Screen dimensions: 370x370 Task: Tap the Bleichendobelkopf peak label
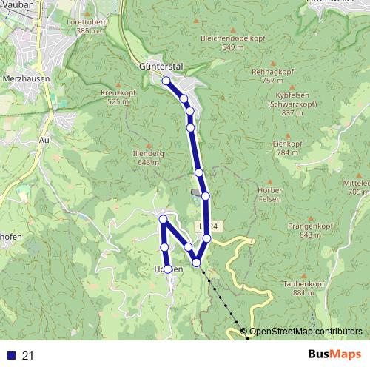(221, 38)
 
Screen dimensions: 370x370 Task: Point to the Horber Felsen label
(269, 195)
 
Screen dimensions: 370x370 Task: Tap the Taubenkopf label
(299, 284)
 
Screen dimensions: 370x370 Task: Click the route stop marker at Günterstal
(166, 81)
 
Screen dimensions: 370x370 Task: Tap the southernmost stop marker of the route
(168, 269)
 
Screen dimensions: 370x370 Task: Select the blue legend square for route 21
(10, 356)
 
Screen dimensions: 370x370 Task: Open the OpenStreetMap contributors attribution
(306, 332)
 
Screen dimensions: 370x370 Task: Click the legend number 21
(29, 356)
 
